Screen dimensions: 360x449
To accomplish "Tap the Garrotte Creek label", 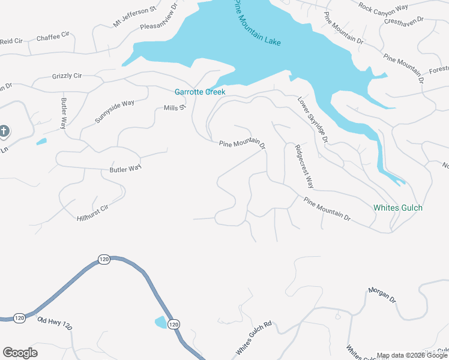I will pyautogui.click(x=200, y=92).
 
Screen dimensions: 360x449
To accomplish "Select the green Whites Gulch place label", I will pyautogui.click(x=398, y=208).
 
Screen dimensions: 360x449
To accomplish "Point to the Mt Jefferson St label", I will pyautogui.click(x=134, y=17).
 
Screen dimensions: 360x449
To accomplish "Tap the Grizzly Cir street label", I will pyautogui.click(x=67, y=76).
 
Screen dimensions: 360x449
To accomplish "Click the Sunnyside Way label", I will pyautogui.click(x=115, y=112).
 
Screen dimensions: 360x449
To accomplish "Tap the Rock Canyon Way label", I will pyautogui.click(x=383, y=6).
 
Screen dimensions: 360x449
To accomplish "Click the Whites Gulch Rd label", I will pyautogui.click(x=254, y=337).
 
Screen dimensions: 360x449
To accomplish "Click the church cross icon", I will pyautogui.click(x=4, y=131).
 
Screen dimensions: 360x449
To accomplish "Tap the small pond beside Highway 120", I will pyautogui.click(x=161, y=322).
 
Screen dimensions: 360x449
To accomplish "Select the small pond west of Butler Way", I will pyautogui.click(x=41, y=142).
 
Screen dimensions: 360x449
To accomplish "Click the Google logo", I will pyautogui.click(x=20, y=353).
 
